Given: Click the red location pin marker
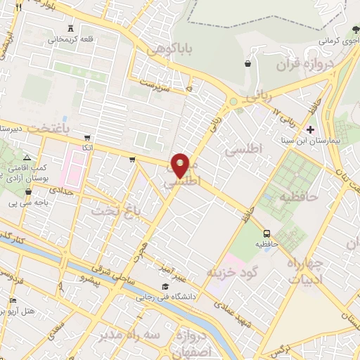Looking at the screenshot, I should point(181,165).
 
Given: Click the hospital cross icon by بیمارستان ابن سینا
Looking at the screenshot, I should point(310,129).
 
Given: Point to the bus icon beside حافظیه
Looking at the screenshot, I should point(266,233).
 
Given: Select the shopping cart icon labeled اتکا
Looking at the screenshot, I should point(86,138).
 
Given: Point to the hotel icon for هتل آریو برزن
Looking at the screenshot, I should point(12,300).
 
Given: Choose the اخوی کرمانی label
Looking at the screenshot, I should point(340,41).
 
